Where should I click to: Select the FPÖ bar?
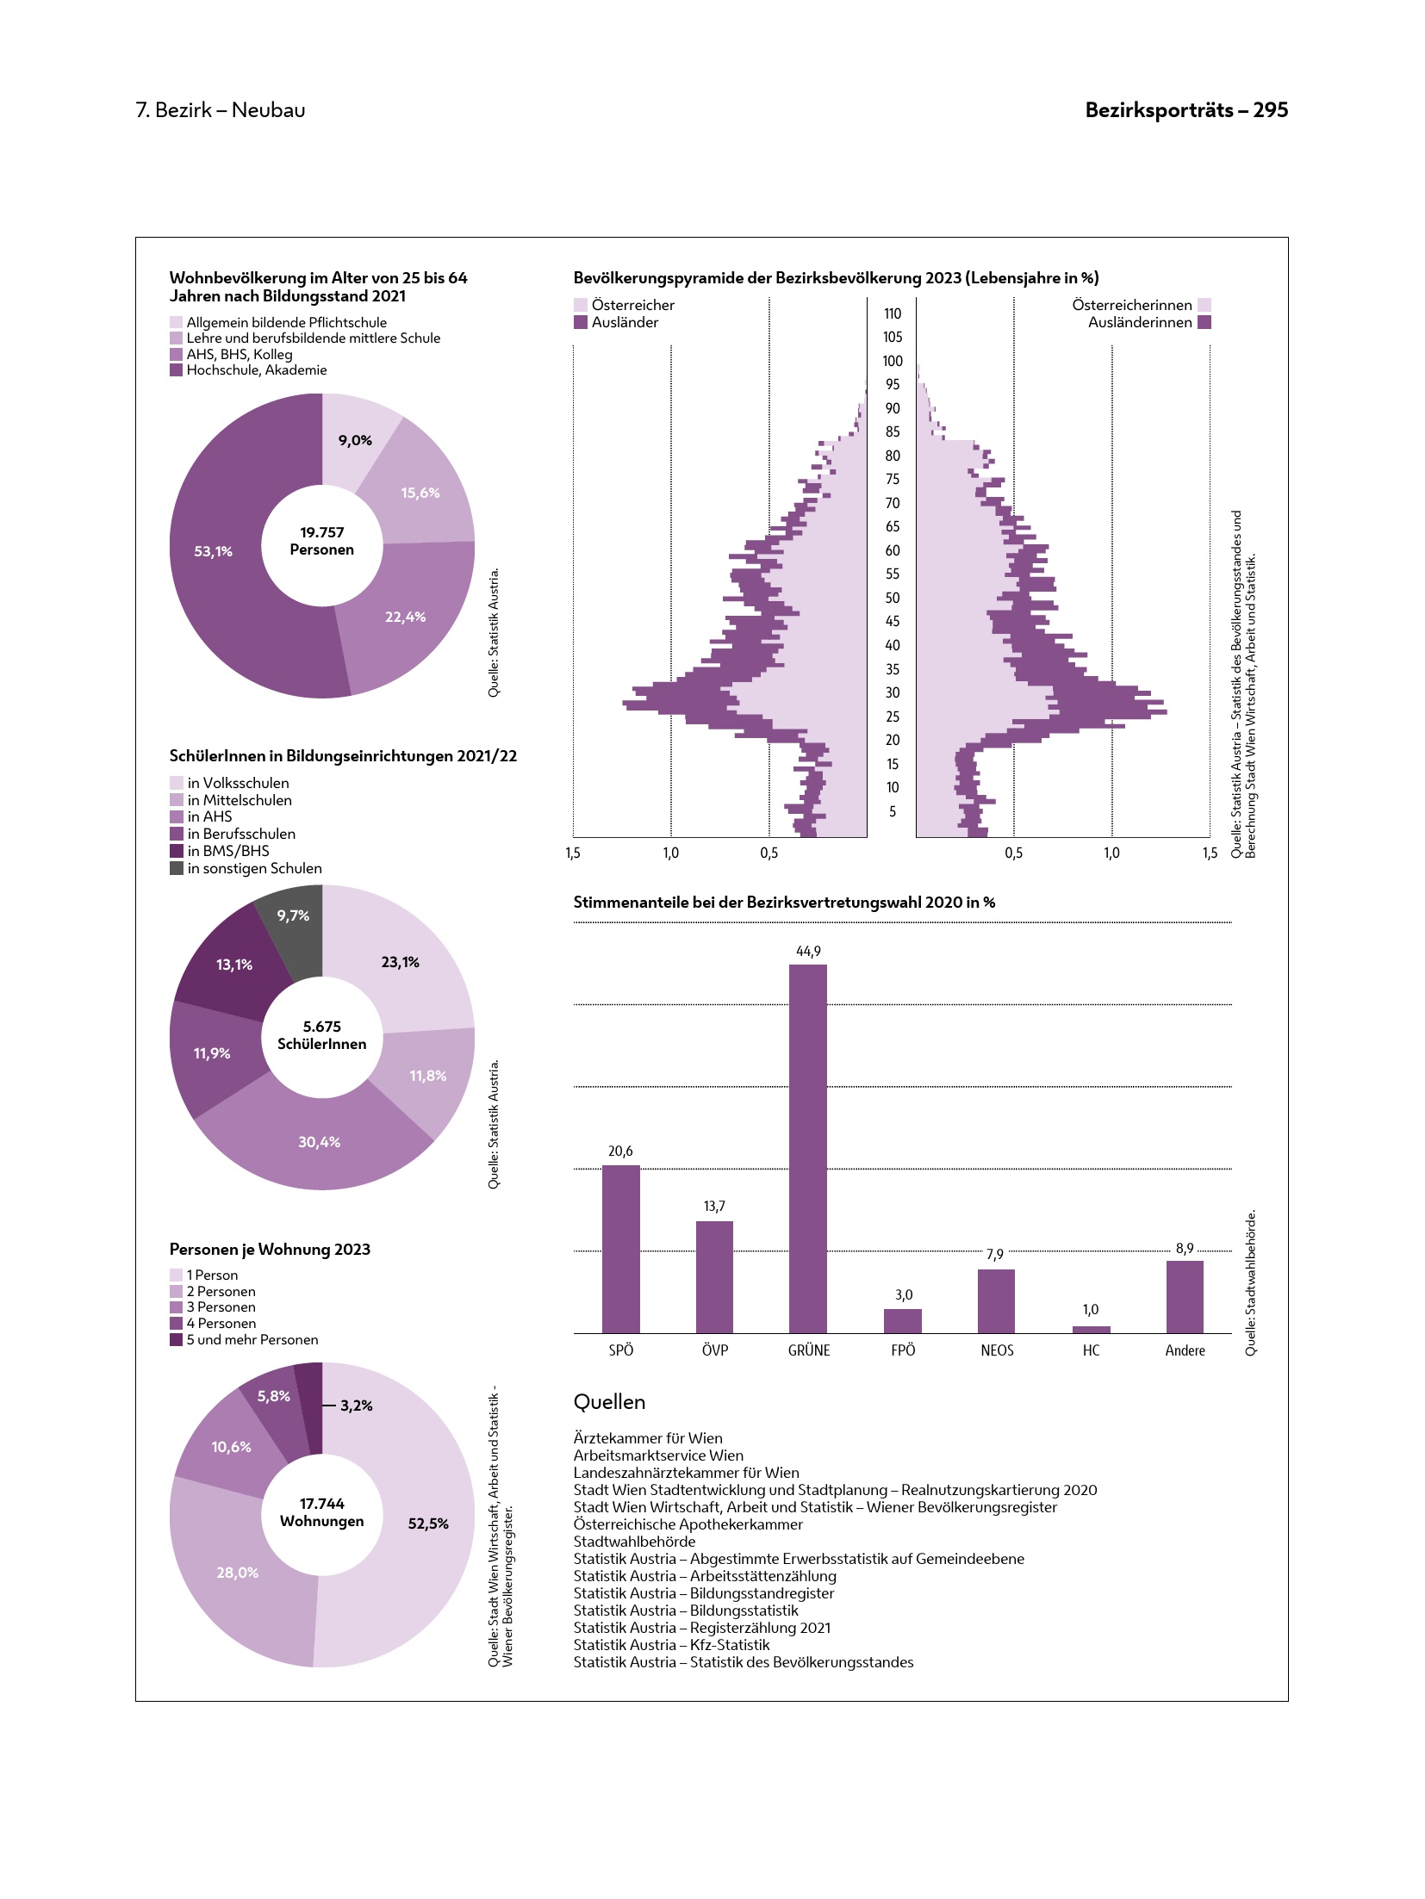coord(902,1320)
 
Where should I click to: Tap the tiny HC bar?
coord(1091,1329)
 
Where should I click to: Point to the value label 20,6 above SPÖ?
coord(620,1151)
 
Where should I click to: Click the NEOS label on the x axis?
coord(997,1350)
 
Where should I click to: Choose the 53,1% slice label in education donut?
coord(213,551)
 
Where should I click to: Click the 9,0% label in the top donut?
coord(355,440)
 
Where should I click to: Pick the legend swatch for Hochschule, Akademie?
coord(177,370)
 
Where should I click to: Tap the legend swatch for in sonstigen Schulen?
coord(177,868)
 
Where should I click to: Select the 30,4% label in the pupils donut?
coord(319,1142)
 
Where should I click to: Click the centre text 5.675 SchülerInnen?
coord(321,1035)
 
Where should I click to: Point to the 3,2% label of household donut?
coord(356,1406)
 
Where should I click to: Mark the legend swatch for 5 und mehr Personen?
coord(177,1340)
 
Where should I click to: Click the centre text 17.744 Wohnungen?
coord(321,1512)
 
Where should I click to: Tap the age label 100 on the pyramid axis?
coord(893,361)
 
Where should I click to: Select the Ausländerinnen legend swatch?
coord(1204,322)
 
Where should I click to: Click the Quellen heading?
coord(609,1402)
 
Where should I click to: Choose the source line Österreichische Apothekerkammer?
coord(688,1524)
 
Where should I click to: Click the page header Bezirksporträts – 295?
coord(1186,110)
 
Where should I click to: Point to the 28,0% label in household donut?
coord(237,1573)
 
